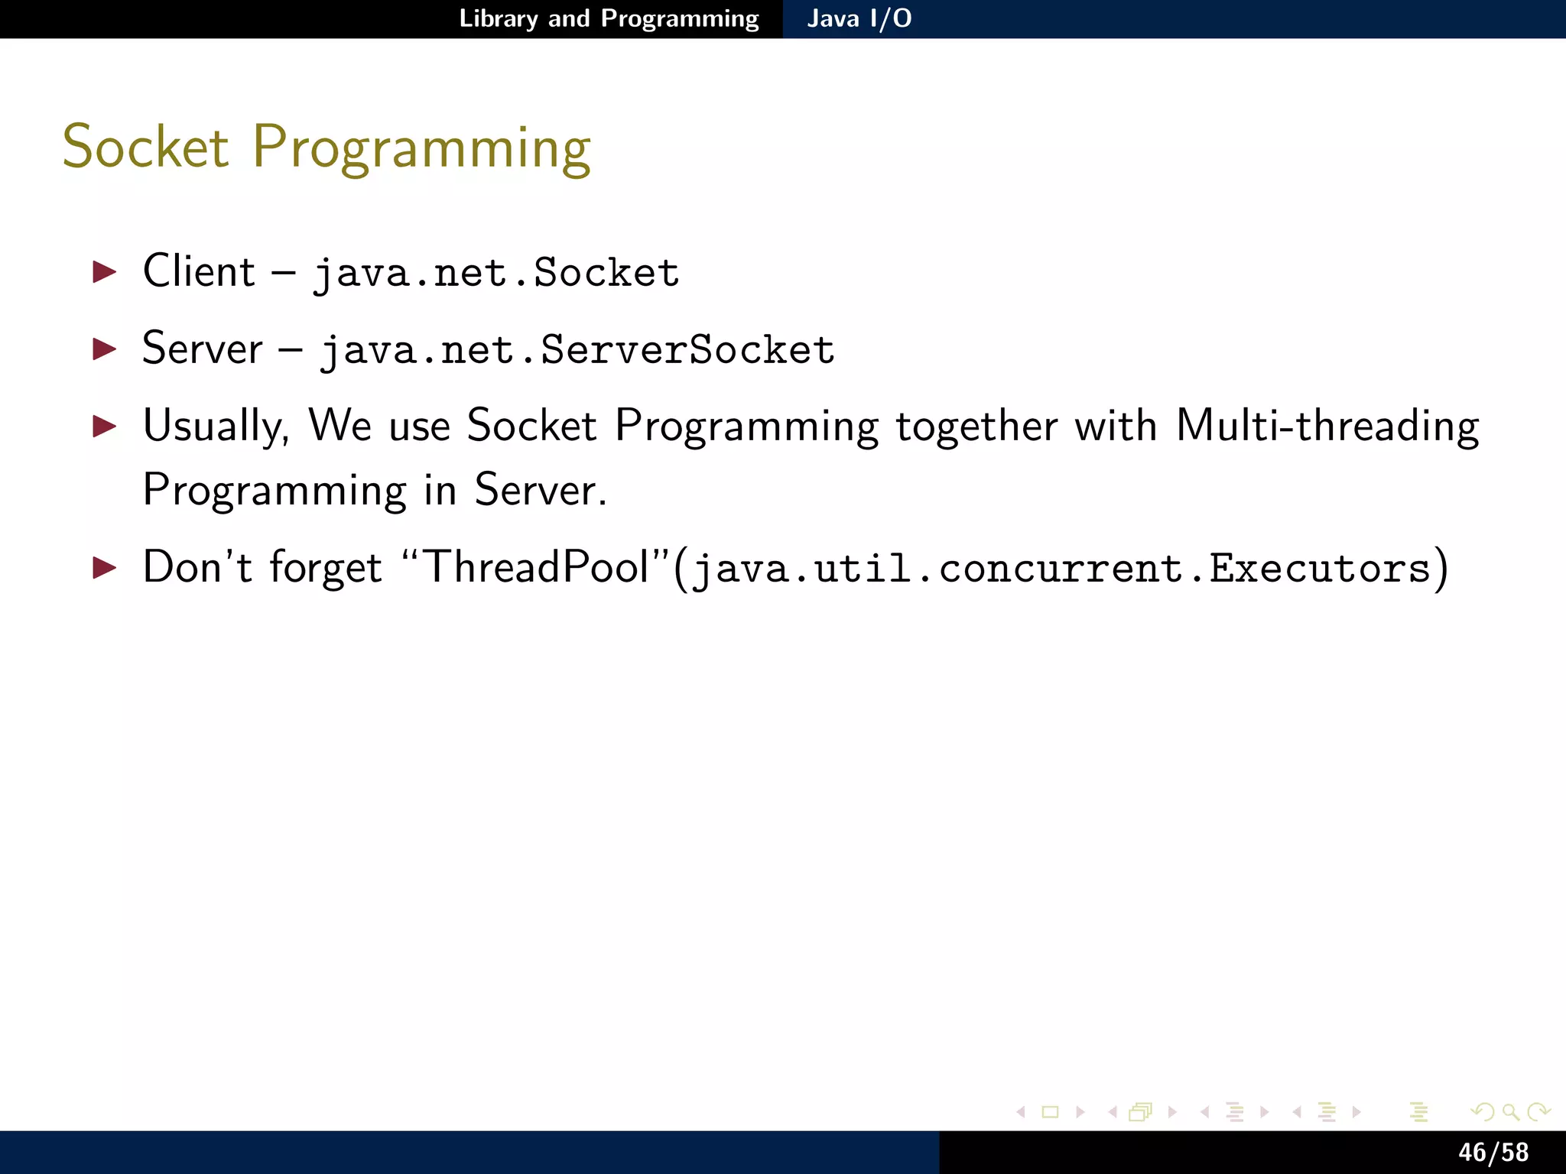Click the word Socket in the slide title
(145, 147)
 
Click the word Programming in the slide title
(421, 150)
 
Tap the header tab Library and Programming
(609, 18)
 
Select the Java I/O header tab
(859, 18)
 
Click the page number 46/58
(1493, 1152)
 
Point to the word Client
(199, 271)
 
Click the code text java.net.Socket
(496, 274)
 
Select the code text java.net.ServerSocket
(577, 351)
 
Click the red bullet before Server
(105, 349)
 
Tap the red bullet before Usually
(105, 426)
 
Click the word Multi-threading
(1327, 426)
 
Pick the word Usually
(216, 426)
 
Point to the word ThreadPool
(535, 568)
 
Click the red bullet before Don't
(105, 568)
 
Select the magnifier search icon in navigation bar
(1510, 1112)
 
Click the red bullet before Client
(105, 272)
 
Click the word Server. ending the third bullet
(539, 491)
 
